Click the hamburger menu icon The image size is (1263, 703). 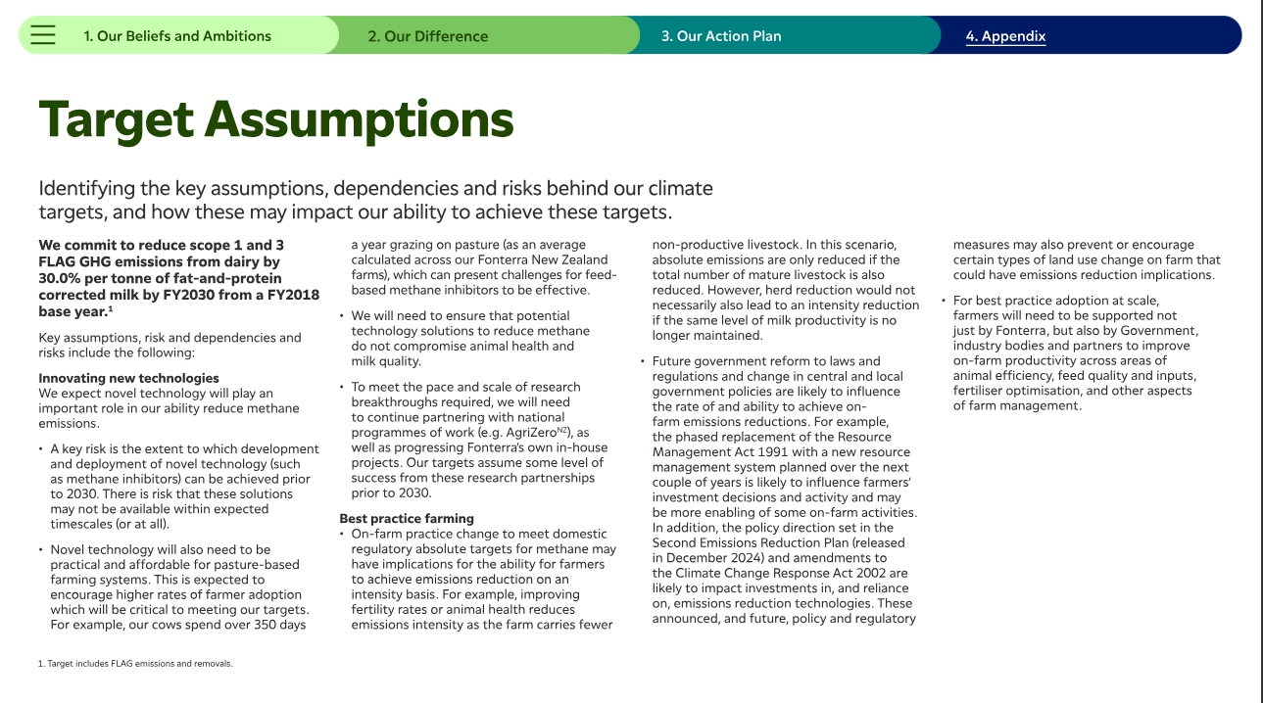pyautogui.click(x=43, y=36)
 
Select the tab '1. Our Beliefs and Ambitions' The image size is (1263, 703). pyautogui.click(x=177, y=36)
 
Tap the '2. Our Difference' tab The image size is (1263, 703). pyautogui.click(x=427, y=36)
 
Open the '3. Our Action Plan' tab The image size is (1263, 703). pyautogui.click(x=721, y=36)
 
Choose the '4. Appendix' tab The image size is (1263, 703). pyautogui.click(x=1005, y=36)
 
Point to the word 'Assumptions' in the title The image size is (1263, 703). pyautogui.click(x=359, y=120)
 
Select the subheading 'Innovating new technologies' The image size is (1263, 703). pyautogui.click(x=128, y=378)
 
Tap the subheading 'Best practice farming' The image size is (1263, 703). pyautogui.click(x=407, y=518)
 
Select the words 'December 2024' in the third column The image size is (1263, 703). pyautogui.click(x=704, y=558)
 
